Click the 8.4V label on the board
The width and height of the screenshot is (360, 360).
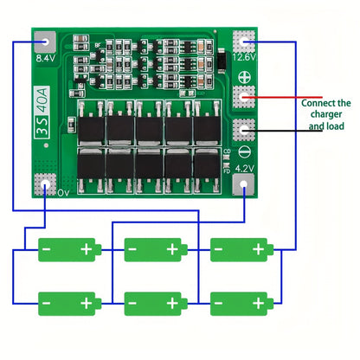(x=44, y=60)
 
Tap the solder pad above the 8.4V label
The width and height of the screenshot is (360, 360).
(x=45, y=41)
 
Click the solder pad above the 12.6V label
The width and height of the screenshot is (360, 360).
(x=247, y=41)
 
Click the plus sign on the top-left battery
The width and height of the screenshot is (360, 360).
(x=86, y=249)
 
